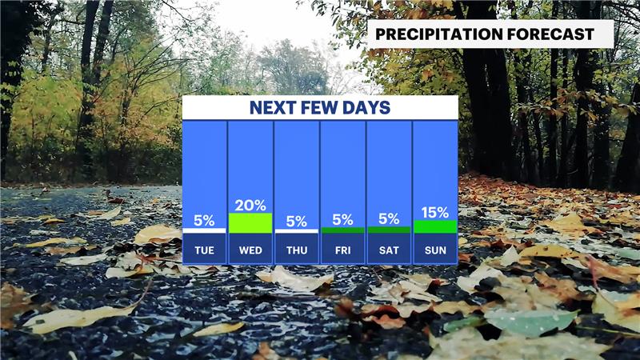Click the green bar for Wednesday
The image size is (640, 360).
250,223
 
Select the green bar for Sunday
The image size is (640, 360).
435,227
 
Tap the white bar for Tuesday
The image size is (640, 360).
204,230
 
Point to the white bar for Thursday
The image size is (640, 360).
296,231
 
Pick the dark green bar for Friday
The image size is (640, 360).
343,230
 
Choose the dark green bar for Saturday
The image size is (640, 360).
389,230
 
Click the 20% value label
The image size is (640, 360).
250,206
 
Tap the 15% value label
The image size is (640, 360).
435,212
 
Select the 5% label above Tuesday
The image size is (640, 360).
204,221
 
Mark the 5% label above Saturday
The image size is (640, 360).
389,218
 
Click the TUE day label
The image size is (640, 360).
204,250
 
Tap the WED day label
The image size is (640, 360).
250,250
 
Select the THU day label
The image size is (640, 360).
297,250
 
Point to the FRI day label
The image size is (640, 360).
343,250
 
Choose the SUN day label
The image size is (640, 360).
435,250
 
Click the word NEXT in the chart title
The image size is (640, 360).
273,108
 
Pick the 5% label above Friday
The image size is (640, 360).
343,219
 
